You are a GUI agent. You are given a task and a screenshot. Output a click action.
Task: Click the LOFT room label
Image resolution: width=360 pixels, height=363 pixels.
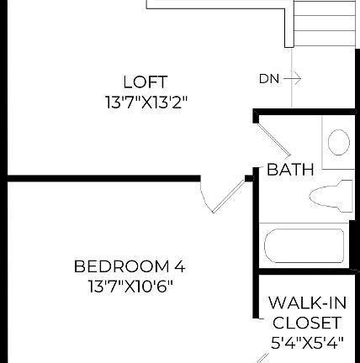click(x=146, y=82)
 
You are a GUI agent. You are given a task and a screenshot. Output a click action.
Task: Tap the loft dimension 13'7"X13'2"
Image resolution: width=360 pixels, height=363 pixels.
click(x=146, y=103)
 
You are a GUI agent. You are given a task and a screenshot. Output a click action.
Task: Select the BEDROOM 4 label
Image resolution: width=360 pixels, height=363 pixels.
click(x=130, y=266)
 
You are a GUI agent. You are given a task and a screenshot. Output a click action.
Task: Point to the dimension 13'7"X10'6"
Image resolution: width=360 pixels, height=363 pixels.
click(x=130, y=286)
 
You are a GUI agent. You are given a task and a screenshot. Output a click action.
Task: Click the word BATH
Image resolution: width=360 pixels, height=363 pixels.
click(x=290, y=170)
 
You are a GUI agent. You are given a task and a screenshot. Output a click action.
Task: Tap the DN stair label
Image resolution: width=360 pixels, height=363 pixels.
click(x=268, y=79)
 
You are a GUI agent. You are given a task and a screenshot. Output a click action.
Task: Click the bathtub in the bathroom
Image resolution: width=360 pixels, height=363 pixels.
click(x=304, y=246)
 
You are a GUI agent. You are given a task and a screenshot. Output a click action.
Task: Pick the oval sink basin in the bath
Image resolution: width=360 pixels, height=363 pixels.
click(x=338, y=142)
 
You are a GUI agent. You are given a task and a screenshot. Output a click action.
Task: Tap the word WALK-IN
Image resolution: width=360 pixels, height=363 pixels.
click(x=305, y=302)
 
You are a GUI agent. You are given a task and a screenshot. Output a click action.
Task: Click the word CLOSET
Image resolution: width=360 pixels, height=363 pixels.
click(x=306, y=323)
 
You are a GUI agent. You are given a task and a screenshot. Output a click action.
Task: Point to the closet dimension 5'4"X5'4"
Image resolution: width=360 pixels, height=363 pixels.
click(x=306, y=343)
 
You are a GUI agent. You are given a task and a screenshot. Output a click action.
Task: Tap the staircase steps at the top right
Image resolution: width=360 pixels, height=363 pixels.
click(x=323, y=23)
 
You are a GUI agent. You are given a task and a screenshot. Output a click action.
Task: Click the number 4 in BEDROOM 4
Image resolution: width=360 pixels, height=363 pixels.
click(x=179, y=266)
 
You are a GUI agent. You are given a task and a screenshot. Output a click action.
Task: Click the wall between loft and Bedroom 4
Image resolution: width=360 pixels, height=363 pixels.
click(x=101, y=177)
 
